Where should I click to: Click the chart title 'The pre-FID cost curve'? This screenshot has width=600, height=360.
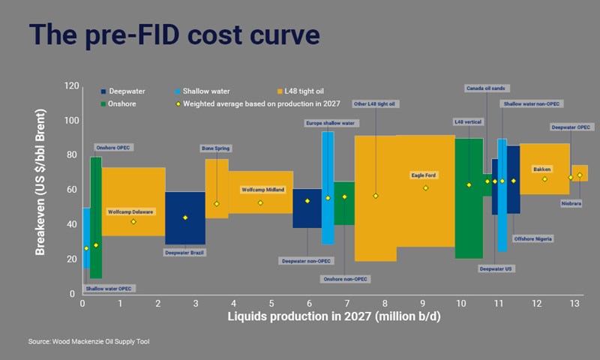[174, 35]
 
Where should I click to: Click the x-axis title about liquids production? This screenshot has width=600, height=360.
[334, 318]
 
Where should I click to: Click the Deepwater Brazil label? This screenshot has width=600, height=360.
[184, 253]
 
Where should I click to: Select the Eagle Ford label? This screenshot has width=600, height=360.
[424, 175]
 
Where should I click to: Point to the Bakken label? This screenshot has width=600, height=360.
[541, 169]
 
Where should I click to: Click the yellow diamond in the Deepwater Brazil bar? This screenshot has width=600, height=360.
[185, 217]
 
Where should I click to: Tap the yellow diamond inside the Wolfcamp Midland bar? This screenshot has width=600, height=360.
[260, 202]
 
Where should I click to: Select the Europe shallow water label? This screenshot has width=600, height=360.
[330, 122]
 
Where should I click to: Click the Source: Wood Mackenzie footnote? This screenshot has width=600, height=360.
[94, 342]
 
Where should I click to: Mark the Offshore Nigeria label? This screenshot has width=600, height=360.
[533, 238]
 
